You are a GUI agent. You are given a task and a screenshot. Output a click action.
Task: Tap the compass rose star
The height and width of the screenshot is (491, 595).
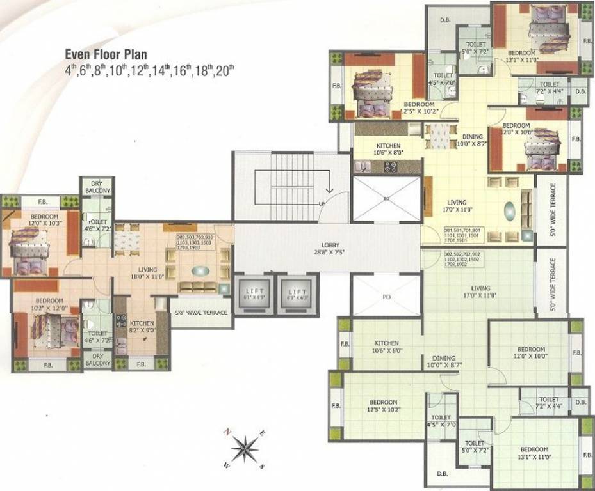coord(244,448)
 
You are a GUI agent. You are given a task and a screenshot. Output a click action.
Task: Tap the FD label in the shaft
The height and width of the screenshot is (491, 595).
coord(386,297)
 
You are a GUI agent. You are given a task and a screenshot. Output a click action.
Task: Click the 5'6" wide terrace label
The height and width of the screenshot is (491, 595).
coord(200,313)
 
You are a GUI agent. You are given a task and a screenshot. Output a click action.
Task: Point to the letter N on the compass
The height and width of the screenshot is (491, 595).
coord(227,432)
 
